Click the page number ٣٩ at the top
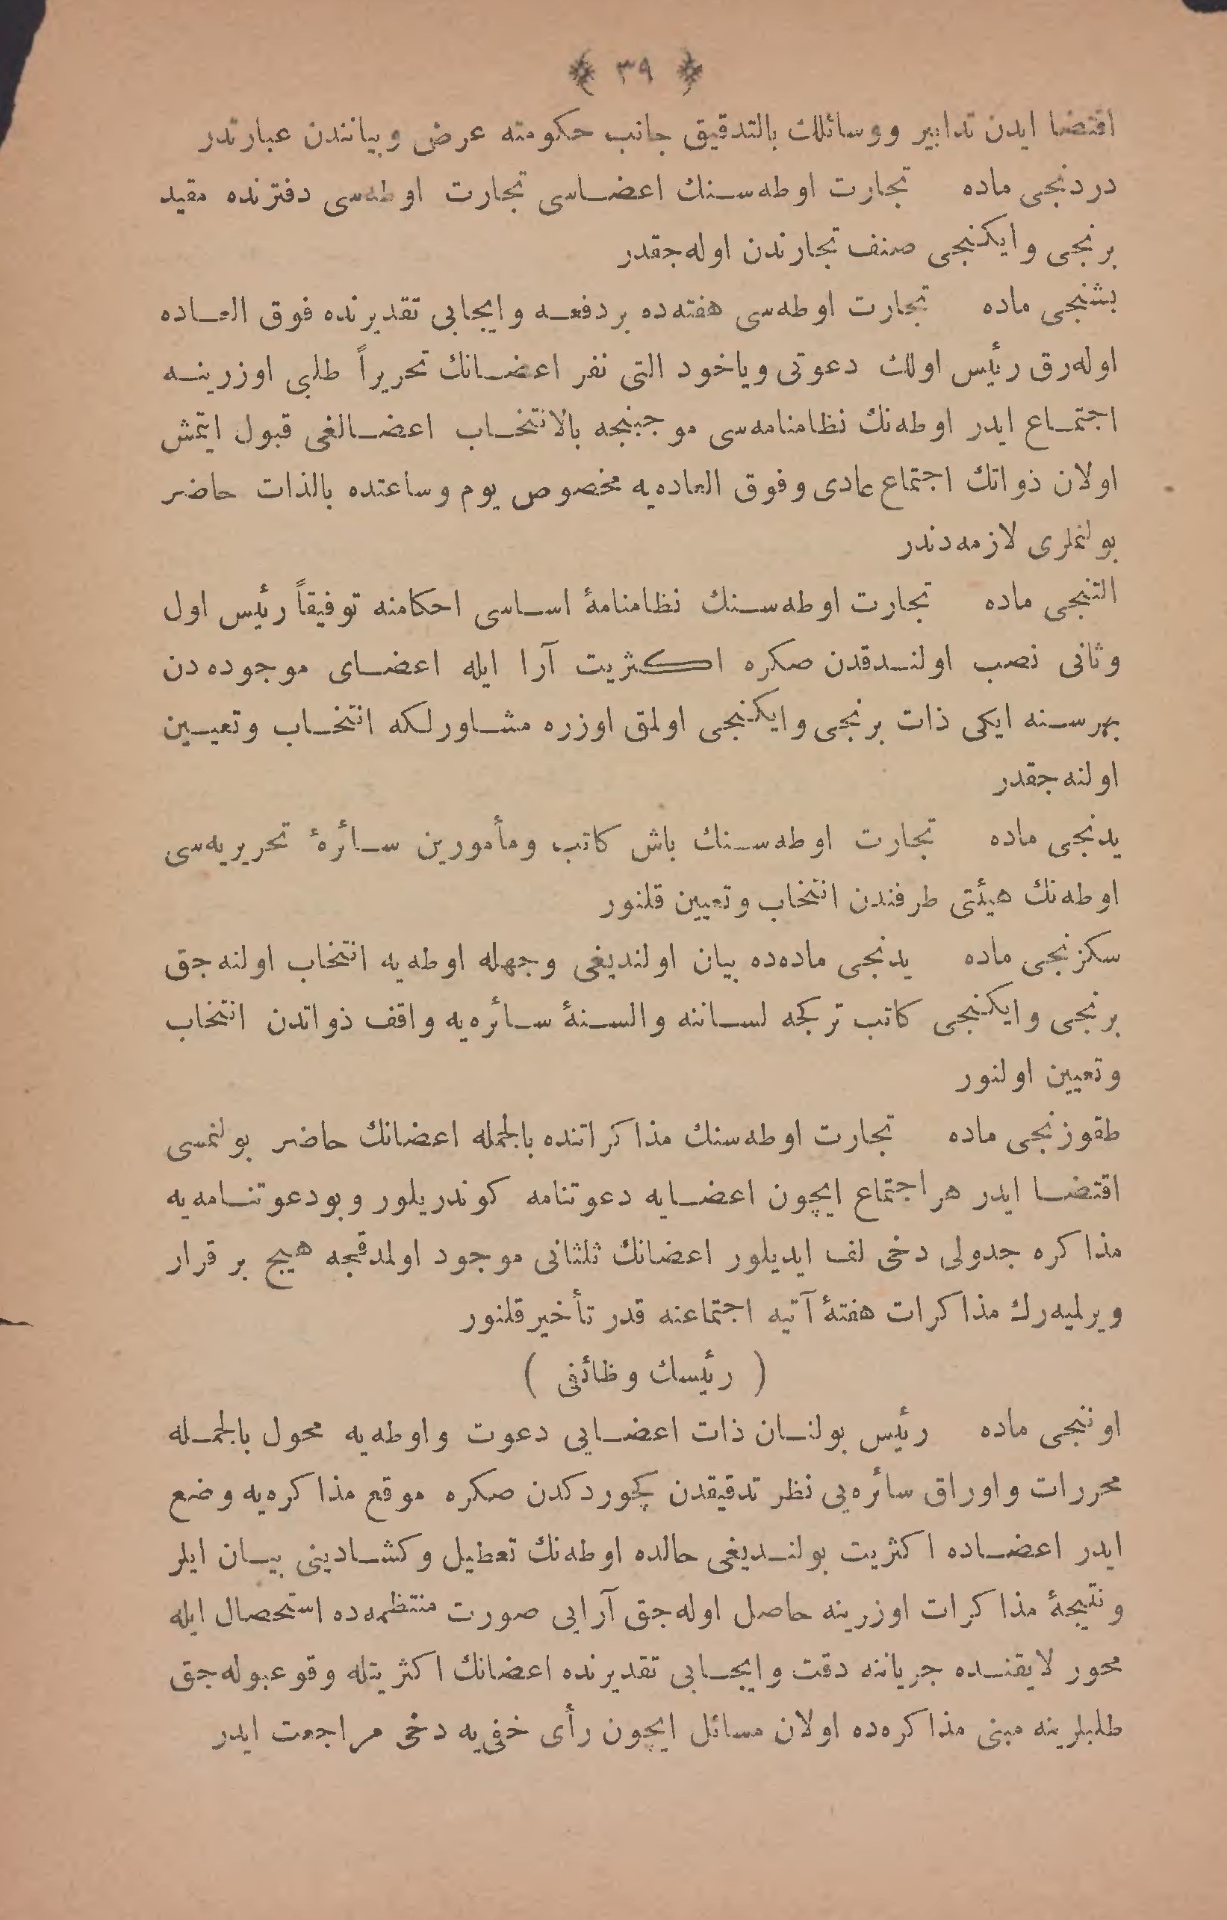(633, 73)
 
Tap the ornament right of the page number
(686, 74)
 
